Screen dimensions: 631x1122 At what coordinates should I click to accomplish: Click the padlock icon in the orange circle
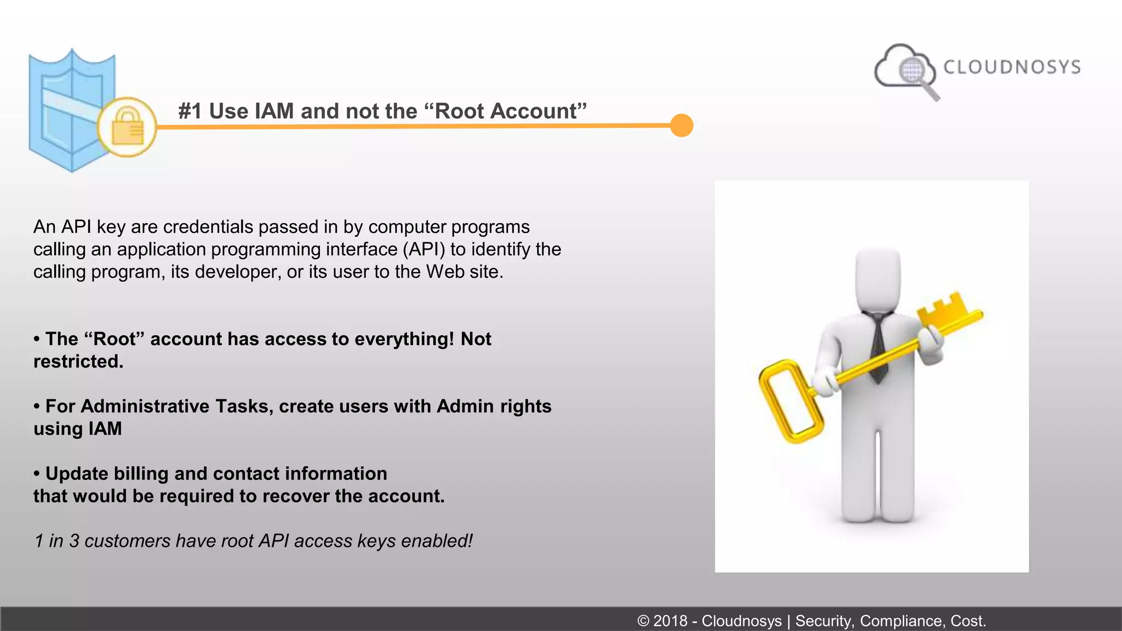[x=127, y=127]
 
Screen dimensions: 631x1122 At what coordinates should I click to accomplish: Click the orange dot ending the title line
[x=682, y=125]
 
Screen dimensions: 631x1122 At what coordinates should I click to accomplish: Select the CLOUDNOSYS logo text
[x=1012, y=67]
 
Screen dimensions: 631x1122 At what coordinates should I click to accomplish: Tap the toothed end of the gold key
[x=944, y=309]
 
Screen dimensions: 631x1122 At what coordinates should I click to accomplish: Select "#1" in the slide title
[x=190, y=111]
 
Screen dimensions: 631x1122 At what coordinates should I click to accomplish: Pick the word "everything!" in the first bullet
[x=404, y=339]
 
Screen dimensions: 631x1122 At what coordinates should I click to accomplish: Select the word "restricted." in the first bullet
[x=78, y=362]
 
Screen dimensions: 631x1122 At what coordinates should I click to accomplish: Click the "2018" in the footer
[x=670, y=621]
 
